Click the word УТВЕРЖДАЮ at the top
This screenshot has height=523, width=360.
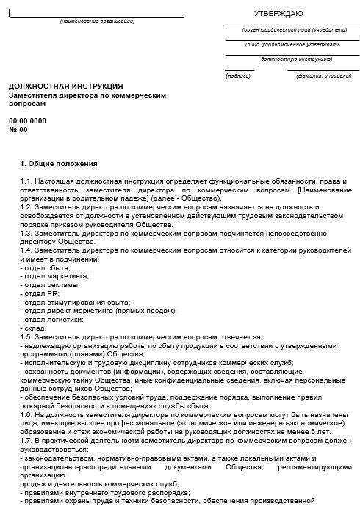[x=278, y=13]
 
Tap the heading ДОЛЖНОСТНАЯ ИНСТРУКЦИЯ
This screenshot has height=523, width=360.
[x=66, y=86]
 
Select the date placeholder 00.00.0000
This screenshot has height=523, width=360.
[x=27, y=120]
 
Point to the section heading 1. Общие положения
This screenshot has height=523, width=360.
[x=59, y=163]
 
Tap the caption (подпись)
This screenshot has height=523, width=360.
[x=239, y=76]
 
